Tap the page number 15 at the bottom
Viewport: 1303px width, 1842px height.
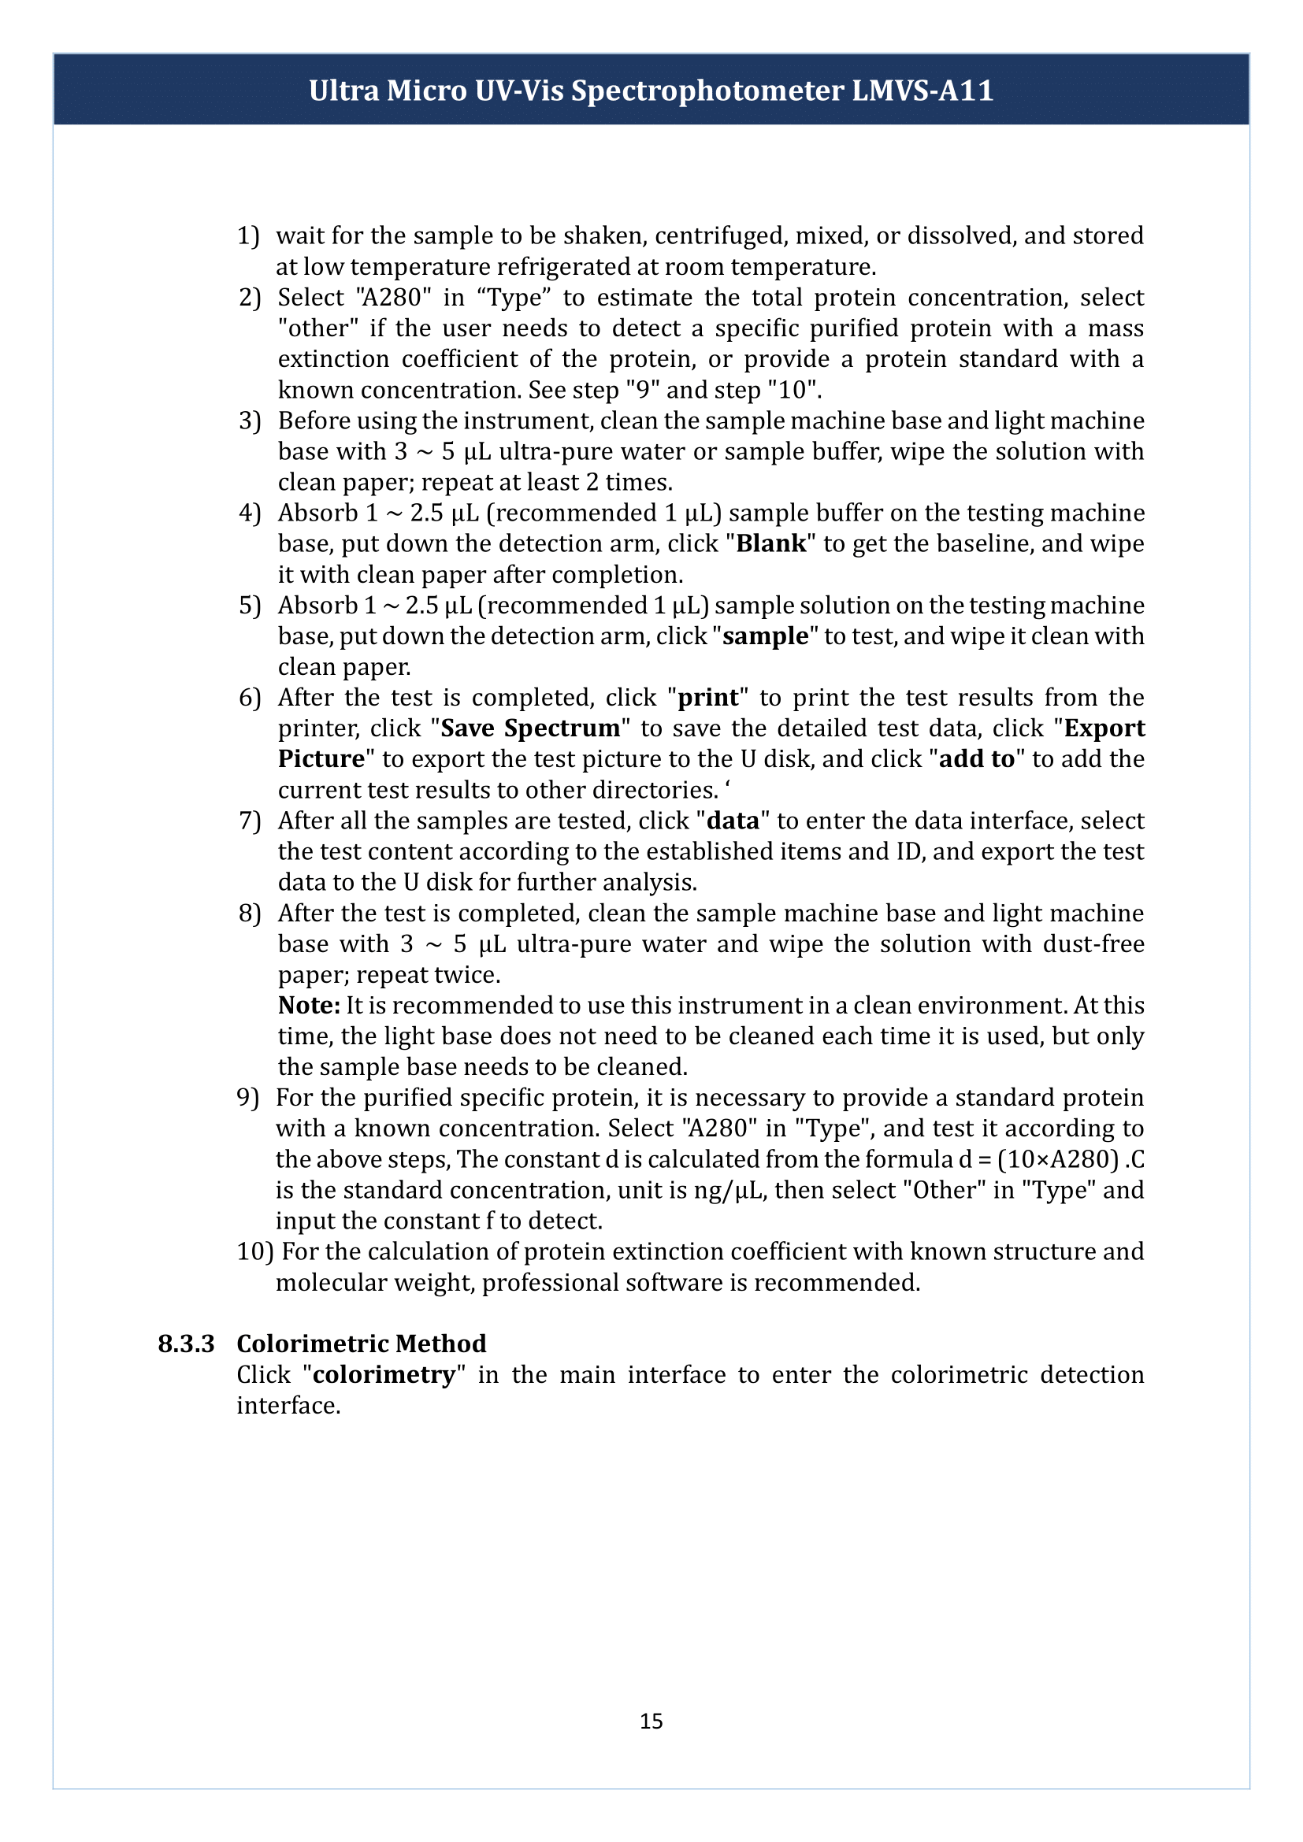coord(651,1720)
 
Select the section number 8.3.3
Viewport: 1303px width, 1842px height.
coord(186,1343)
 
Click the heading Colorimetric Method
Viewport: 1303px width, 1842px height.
coord(361,1343)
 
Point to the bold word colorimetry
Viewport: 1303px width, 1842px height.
coord(384,1374)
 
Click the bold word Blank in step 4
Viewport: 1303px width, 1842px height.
coord(771,543)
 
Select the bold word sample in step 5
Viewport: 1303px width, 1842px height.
coord(766,636)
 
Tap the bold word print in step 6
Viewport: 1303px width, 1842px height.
coord(707,697)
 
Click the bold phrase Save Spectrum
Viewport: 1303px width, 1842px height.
coord(530,728)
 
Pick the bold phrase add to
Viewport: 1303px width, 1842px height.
coord(976,758)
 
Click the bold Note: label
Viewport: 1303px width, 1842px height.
coord(309,1005)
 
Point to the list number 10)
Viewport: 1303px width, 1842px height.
coord(255,1251)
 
